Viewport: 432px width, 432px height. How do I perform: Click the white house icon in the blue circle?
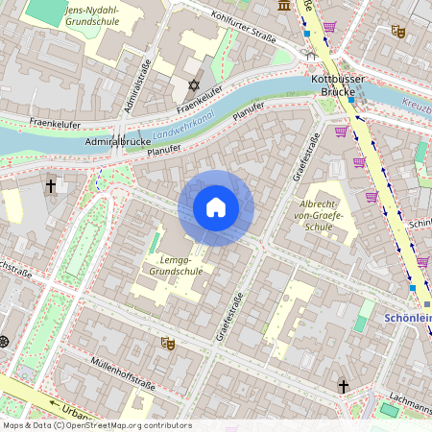216,207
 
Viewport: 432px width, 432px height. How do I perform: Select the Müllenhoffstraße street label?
122,374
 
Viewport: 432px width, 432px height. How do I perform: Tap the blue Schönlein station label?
409,318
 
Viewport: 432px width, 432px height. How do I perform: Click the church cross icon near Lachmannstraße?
343,386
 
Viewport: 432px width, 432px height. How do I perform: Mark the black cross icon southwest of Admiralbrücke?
50,186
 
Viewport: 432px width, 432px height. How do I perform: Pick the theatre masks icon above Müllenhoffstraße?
168,341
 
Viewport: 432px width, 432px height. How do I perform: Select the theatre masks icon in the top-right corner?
398,32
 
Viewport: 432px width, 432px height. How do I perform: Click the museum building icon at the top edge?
284,6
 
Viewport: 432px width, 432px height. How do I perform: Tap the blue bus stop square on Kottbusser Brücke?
351,100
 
